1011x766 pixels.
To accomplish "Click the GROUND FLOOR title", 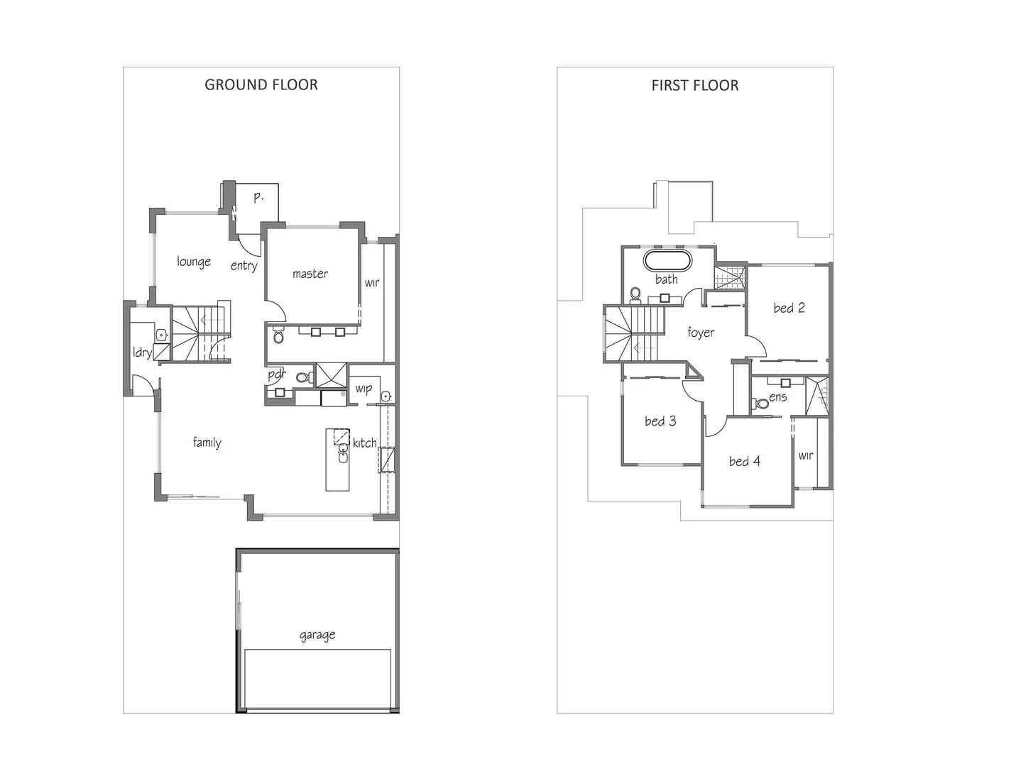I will pos(261,84).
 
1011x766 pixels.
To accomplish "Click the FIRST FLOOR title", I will pos(695,85).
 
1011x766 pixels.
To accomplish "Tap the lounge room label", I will pos(194,262).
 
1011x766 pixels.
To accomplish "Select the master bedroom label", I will pos(310,274).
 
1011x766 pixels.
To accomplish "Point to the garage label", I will pos(317,635).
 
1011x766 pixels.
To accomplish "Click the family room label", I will pos(207,443).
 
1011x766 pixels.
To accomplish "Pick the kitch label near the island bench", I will pos(365,443).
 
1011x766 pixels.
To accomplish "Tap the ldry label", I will pos(142,353).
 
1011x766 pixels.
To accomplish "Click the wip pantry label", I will pos(364,389).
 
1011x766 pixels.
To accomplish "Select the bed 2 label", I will pos(789,308).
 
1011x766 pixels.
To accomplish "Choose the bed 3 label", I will pos(660,421).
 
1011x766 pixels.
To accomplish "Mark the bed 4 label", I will pos(745,462).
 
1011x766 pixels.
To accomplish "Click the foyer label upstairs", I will pos(701,333).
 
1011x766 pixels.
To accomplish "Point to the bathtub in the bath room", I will pos(667,260).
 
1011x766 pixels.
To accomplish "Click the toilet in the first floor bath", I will pos(635,293).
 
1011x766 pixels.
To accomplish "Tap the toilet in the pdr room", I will pos(302,377).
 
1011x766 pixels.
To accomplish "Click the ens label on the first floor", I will pos(778,397).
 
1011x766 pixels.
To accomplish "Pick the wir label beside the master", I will pos(372,283).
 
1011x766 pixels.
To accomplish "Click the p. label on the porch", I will pos(258,196).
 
